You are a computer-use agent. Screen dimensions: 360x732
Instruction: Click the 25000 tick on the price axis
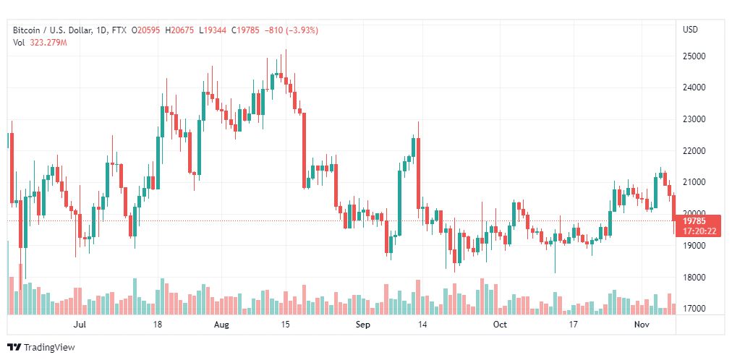pos(694,56)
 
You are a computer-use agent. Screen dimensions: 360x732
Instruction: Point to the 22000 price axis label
pos(694,150)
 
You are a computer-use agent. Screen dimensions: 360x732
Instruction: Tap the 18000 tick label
pos(694,277)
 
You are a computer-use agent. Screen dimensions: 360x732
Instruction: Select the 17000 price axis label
pos(694,309)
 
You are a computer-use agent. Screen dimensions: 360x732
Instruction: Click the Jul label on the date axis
pos(80,325)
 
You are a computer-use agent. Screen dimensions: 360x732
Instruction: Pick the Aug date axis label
pos(221,325)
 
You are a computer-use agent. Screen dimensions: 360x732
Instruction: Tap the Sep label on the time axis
pos(363,325)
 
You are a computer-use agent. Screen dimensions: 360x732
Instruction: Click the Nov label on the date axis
pos(641,325)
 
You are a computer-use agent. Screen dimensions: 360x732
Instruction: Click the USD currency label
pos(691,30)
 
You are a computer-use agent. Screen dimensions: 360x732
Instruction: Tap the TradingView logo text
pos(48,348)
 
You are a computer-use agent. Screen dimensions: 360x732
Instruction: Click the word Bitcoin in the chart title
pos(27,30)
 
